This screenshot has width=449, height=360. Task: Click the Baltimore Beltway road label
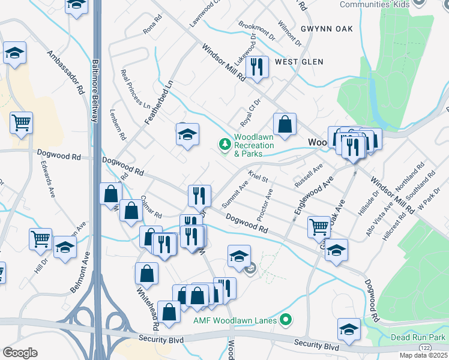[95, 90]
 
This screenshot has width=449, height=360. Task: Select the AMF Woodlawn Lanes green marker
[286, 320]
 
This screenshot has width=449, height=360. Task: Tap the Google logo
[20, 353]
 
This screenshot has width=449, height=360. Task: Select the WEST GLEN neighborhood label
[299, 62]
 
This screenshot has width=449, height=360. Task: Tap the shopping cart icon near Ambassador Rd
[21, 122]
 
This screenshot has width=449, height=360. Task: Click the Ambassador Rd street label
[67, 73]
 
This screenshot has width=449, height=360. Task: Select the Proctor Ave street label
[264, 203]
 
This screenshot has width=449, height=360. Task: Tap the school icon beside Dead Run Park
[349, 328]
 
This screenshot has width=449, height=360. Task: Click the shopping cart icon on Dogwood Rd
[319, 226]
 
